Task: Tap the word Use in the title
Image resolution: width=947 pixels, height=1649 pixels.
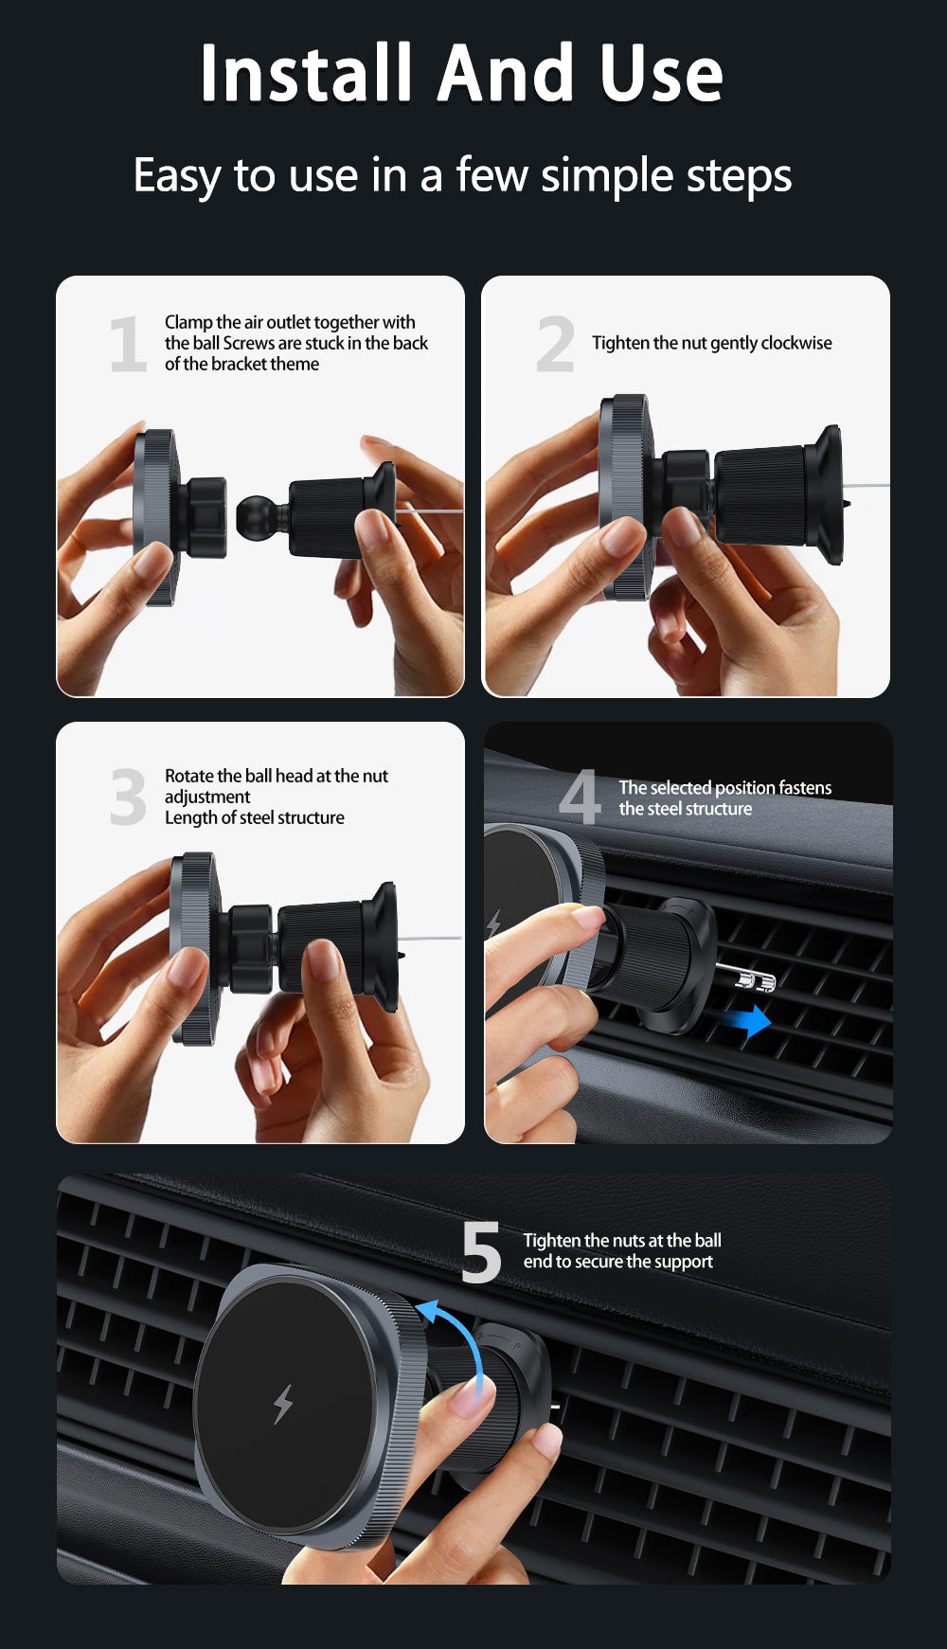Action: click(x=662, y=73)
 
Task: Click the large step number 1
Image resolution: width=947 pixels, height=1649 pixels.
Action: click(x=128, y=344)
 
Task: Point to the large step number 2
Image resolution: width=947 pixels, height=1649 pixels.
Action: click(x=555, y=344)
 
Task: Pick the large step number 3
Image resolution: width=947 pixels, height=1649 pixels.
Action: click(x=128, y=797)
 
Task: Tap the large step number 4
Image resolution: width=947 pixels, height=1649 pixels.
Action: click(x=580, y=797)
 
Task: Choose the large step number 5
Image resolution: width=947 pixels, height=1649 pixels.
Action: click(x=481, y=1252)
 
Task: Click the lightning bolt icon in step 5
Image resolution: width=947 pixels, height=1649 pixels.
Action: click(x=282, y=1404)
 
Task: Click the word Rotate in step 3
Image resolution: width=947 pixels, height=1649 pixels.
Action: click(x=189, y=776)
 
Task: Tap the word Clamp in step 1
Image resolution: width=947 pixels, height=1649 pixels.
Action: click(x=188, y=323)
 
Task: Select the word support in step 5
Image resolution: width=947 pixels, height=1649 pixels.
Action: click(x=684, y=1263)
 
